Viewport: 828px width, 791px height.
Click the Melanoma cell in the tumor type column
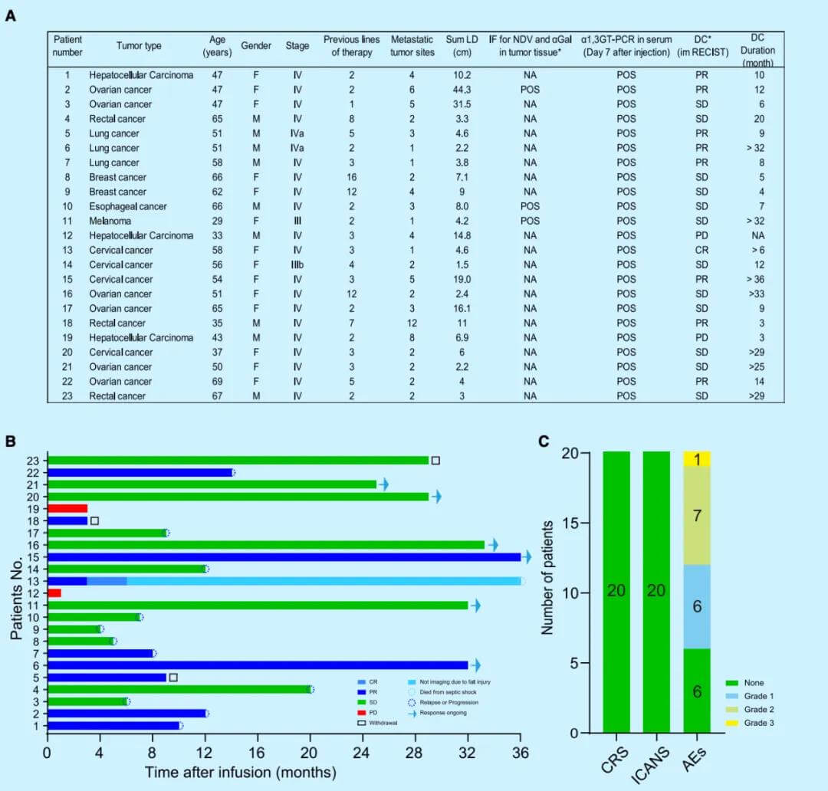(111, 221)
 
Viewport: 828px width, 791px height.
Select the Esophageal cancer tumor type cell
(126, 206)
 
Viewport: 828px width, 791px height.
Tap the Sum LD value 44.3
(458, 90)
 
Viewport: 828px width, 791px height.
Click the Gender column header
(256, 46)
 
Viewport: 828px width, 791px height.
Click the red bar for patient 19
(67, 509)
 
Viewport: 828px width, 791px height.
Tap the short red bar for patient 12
(54, 592)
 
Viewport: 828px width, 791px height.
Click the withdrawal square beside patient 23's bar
(435, 460)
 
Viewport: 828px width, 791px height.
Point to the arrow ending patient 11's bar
(475, 606)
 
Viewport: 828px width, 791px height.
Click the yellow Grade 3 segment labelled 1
(697, 459)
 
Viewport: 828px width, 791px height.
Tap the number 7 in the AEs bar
(697, 516)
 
